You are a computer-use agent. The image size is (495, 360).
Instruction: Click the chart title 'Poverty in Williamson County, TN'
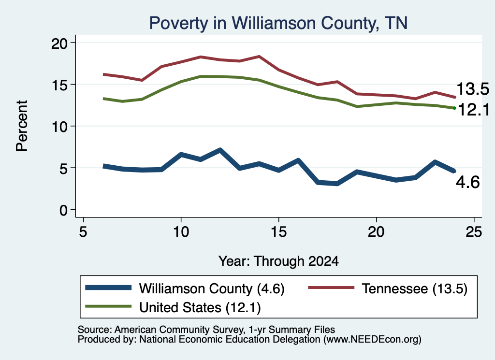pos(278,23)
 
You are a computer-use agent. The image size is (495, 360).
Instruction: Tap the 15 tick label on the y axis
pos(59,85)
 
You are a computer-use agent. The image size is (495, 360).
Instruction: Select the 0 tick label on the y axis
pos(63,210)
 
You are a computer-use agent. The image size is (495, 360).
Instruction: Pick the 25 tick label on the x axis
pos(474,232)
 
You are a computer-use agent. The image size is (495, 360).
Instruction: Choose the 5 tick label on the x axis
pos(83,232)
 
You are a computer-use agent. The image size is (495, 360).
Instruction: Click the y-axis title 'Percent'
pos(22,126)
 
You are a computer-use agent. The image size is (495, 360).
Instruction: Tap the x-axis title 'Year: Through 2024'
pos(278,261)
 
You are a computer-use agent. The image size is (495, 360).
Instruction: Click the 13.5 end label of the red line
pos(473,88)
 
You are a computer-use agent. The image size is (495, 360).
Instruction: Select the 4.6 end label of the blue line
pos(467,182)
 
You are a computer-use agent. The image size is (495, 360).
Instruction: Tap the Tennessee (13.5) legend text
pos(414,288)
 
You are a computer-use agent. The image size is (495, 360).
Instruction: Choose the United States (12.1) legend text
pos(200,307)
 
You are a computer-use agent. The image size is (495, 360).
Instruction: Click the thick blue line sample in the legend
pos(108,288)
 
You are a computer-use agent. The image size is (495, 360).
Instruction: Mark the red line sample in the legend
pos(331,288)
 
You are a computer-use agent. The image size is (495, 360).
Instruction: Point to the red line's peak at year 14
pos(259,57)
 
